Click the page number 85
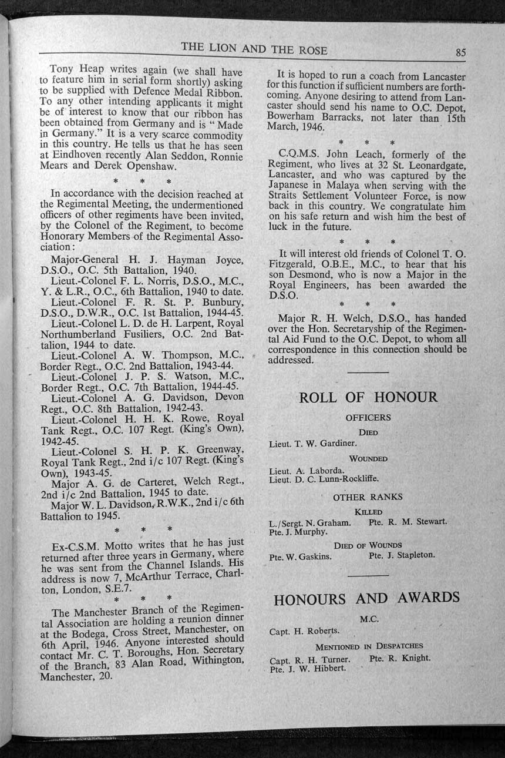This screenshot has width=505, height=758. tap(460, 52)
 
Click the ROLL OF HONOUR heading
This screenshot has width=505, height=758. tap(368, 397)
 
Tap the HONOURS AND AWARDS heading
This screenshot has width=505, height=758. tap(366, 599)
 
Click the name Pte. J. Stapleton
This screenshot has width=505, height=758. tap(402, 555)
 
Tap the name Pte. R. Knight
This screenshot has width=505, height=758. tap(399, 658)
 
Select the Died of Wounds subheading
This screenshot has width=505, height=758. tap(368, 545)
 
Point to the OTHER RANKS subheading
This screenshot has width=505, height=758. tap(368, 497)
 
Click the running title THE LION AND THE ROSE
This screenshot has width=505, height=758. tap(254, 50)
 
